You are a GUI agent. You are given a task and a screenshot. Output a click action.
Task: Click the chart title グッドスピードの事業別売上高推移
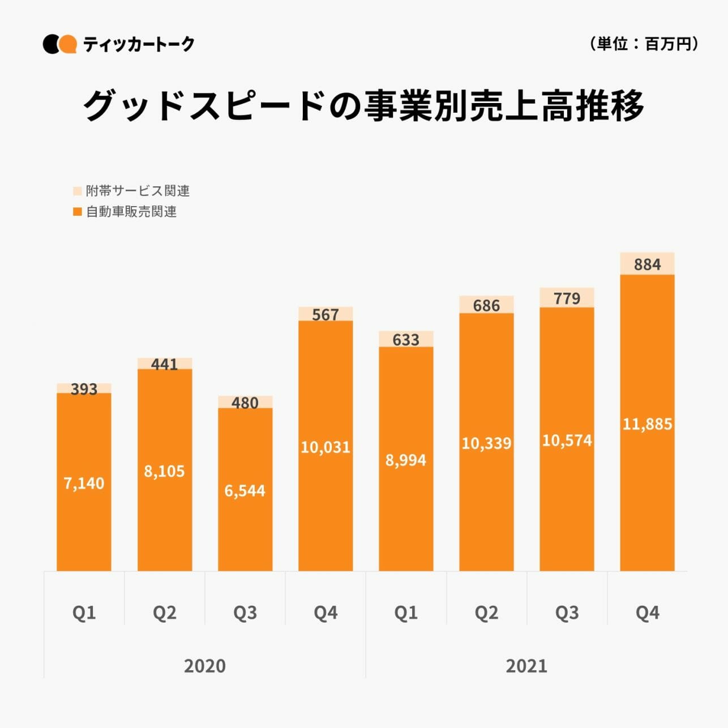[363, 106]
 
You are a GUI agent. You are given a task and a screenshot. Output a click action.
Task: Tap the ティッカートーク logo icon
[59, 44]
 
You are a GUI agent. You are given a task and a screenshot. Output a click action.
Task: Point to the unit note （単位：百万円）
[644, 44]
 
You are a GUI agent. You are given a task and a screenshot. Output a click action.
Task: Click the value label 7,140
[84, 483]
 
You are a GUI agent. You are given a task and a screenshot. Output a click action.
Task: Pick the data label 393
[84, 389]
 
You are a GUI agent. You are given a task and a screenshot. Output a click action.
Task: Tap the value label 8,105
[164, 471]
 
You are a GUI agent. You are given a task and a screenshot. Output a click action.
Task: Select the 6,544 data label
[245, 490]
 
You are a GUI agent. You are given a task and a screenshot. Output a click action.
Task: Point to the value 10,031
[326, 447]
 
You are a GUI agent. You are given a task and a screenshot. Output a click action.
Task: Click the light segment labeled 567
[326, 314]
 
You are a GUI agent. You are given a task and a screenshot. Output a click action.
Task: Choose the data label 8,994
[406, 460]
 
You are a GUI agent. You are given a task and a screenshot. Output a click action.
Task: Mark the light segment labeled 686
[486, 305]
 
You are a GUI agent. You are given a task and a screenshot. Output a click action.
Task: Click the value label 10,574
[567, 440]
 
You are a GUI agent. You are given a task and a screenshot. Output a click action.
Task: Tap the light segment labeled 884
[647, 264]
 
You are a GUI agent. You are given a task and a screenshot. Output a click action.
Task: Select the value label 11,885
[647, 423]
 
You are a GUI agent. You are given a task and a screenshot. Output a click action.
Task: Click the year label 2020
[204, 666]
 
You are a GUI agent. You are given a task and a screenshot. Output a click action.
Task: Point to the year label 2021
[526, 666]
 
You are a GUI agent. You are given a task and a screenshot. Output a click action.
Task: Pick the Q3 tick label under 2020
[245, 613]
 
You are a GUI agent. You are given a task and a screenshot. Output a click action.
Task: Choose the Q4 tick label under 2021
[647, 613]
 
